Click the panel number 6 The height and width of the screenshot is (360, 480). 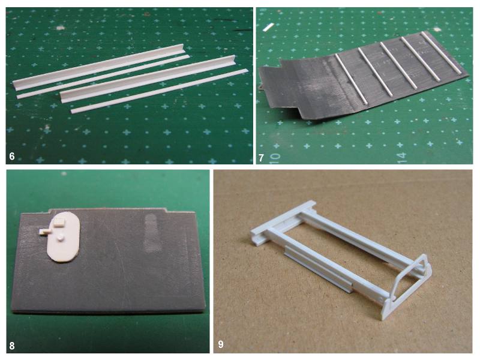pos(12,157)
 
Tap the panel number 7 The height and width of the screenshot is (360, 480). pos(261,158)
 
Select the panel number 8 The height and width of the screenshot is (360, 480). pos(12,346)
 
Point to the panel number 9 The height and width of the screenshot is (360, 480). pos(221,344)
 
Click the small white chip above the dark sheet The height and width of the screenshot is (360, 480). pos(268,27)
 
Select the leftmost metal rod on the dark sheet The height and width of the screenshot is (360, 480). pos(351,79)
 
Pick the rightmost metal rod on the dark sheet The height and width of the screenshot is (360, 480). pos(441,52)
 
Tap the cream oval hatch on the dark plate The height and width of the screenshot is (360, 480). pos(64,236)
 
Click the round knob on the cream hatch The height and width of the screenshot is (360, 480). pos(61,238)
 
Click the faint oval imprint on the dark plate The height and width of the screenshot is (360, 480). pos(152,233)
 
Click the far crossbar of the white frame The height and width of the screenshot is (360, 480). pos(283,219)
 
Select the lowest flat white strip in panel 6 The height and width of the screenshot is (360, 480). pos(160,91)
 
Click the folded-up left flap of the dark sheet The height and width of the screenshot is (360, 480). pos(294,87)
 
